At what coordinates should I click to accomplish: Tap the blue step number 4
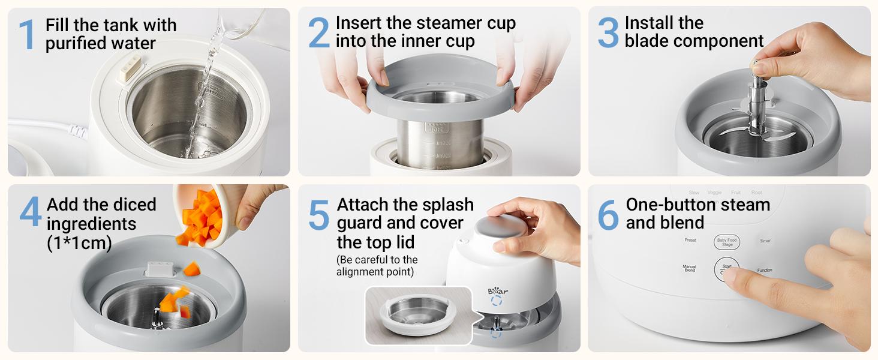pyautogui.click(x=31, y=213)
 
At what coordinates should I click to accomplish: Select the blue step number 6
pyautogui.click(x=608, y=214)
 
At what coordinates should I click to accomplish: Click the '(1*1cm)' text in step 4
pyautogui.click(x=79, y=244)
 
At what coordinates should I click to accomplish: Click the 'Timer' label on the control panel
pyautogui.click(x=765, y=241)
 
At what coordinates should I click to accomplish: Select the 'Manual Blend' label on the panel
pyautogui.click(x=690, y=269)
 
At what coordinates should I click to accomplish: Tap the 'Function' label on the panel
pyautogui.click(x=765, y=271)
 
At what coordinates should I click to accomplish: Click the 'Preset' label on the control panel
pyautogui.click(x=690, y=241)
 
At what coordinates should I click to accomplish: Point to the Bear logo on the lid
pyautogui.click(x=498, y=291)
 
